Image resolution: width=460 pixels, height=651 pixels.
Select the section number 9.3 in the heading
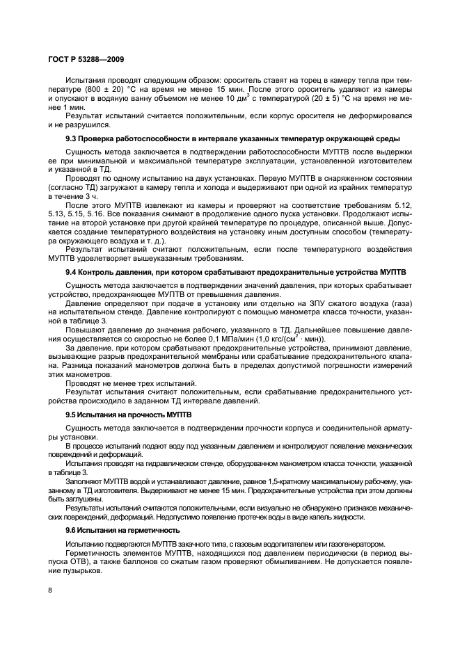(72, 138)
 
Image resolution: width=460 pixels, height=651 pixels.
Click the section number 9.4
(72, 272)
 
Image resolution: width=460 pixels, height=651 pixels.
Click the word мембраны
(231, 355)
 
